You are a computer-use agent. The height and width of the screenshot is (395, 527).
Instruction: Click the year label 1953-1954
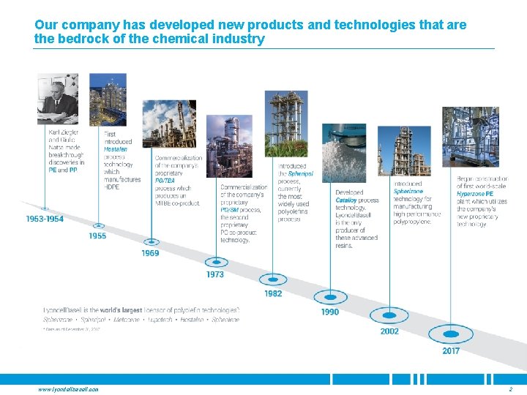tap(45, 219)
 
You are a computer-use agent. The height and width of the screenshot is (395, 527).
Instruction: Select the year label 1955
tap(97, 236)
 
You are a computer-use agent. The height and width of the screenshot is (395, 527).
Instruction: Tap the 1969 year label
tap(150, 253)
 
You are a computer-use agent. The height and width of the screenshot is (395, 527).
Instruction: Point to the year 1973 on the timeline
tap(215, 274)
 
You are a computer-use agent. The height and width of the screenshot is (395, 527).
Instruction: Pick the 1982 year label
tap(273, 293)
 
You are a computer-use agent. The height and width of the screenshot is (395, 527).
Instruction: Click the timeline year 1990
tap(330, 312)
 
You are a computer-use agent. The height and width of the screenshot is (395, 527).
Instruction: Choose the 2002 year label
tap(389, 331)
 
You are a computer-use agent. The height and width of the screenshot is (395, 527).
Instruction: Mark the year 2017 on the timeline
tap(451, 351)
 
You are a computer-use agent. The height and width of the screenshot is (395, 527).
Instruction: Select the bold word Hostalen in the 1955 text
tap(115, 149)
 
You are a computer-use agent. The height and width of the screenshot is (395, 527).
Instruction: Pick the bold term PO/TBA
tap(165, 180)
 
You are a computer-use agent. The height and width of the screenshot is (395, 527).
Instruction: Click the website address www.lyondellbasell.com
tap(68, 389)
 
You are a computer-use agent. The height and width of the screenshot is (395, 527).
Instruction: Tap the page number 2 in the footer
tap(509, 389)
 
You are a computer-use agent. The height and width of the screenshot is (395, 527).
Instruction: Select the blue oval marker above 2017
tap(451, 334)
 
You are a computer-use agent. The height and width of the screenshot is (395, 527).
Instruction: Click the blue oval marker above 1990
tap(330, 296)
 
